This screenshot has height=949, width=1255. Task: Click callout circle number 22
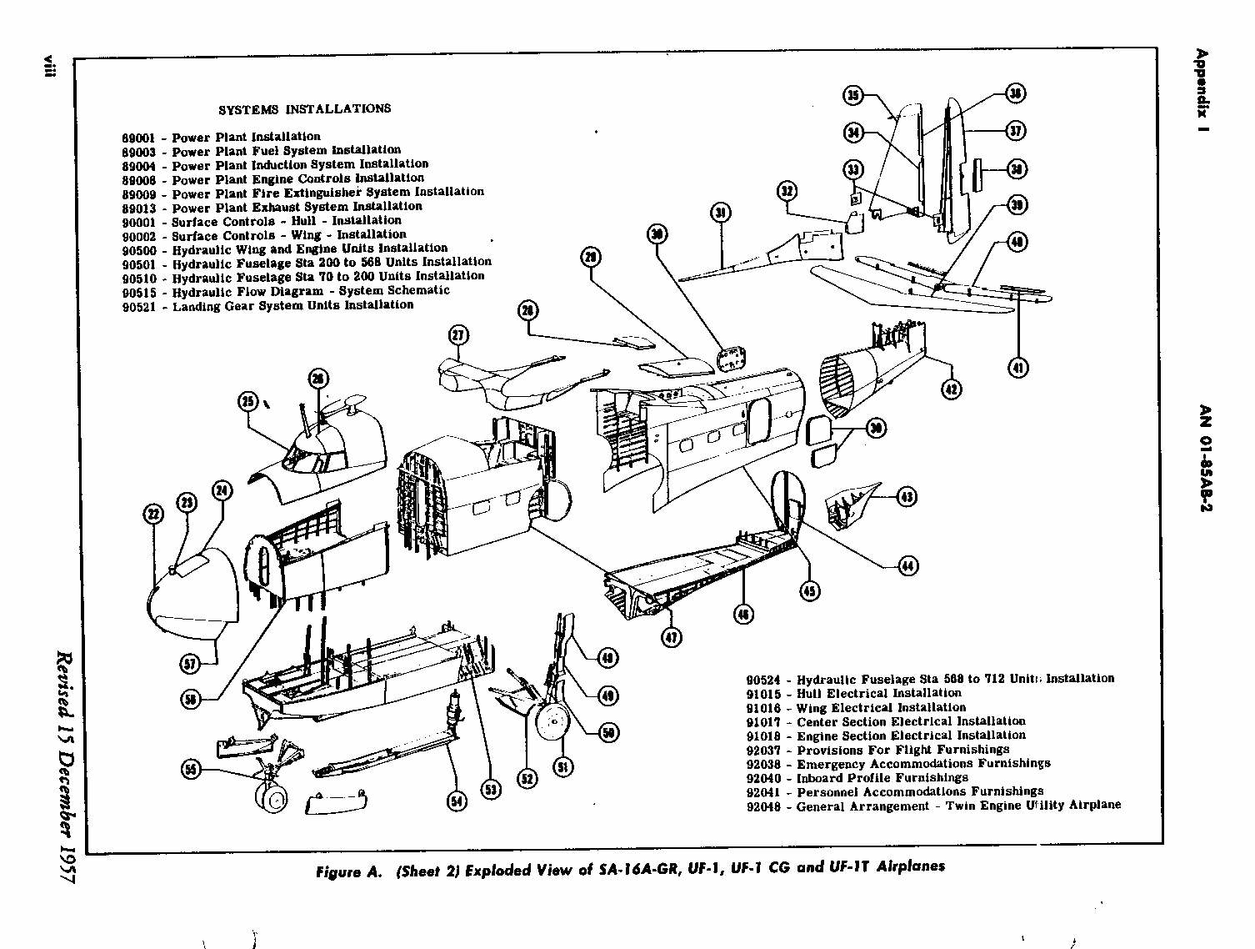(x=153, y=514)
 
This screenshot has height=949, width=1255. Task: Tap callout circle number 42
(x=951, y=389)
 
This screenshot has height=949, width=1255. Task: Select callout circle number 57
(x=191, y=664)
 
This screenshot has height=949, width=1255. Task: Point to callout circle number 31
(x=721, y=212)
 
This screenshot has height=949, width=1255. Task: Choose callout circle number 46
(x=743, y=615)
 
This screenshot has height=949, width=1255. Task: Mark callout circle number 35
(x=852, y=95)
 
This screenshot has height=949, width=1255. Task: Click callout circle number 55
(x=192, y=769)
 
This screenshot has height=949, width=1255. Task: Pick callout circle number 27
(x=458, y=335)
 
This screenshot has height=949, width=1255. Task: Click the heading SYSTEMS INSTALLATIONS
(x=304, y=109)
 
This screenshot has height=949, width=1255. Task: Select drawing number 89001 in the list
(x=138, y=138)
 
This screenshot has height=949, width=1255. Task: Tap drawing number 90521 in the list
(x=138, y=307)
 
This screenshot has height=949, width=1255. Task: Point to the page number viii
(x=50, y=67)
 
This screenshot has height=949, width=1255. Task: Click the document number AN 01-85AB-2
(x=1205, y=459)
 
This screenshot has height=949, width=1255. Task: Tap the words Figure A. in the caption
(x=348, y=872)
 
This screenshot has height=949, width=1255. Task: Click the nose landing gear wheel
(x=272, y=798)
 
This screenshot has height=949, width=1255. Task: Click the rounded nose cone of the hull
(x=193, y=594)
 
